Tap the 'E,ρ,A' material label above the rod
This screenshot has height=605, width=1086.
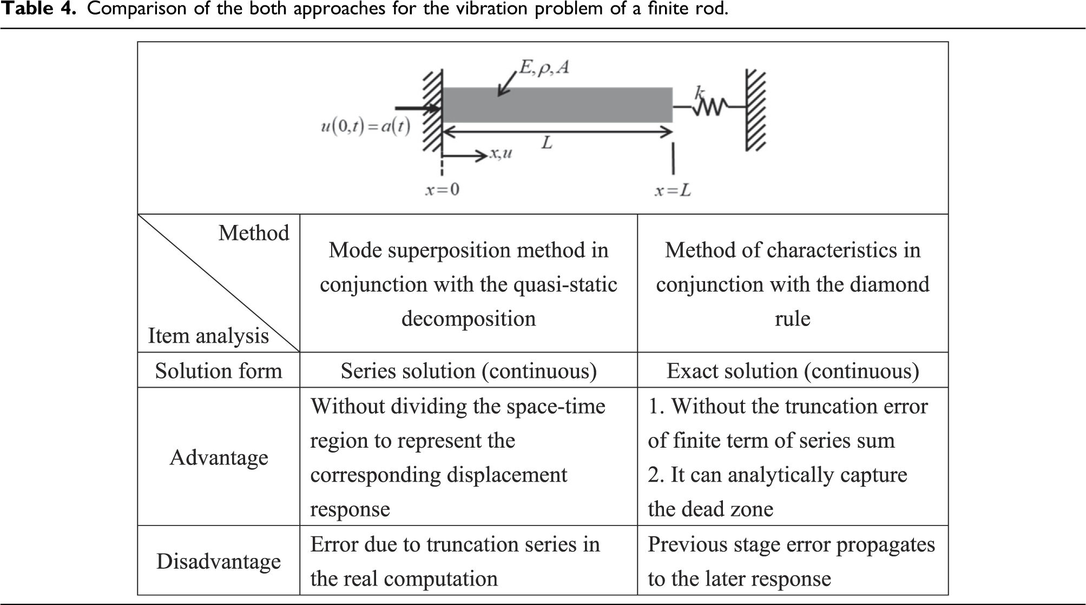coord(544,68)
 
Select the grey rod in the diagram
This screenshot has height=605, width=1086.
coord(558,105)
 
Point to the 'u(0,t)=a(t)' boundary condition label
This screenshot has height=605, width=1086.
coord(365,127)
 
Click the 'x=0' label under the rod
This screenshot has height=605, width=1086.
coord(442,190)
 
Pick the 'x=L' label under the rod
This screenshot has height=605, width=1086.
coord(673,190)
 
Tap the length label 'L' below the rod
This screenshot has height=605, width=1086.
coord(547,143)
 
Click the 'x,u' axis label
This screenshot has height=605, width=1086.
coord(501,154)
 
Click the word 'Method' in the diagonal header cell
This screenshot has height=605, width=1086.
coord(254,233)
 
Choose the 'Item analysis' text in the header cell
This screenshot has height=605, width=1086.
coord(208,336)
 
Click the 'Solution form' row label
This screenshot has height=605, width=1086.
coord(219,371)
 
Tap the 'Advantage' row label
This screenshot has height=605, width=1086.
coord(219,457)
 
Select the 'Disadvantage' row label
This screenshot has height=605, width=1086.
coord(219,561)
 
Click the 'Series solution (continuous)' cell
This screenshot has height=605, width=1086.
coord(469,371)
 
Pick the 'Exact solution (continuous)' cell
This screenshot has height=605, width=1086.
coord(793,371)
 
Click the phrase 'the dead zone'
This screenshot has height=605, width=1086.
coord(710,509)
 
